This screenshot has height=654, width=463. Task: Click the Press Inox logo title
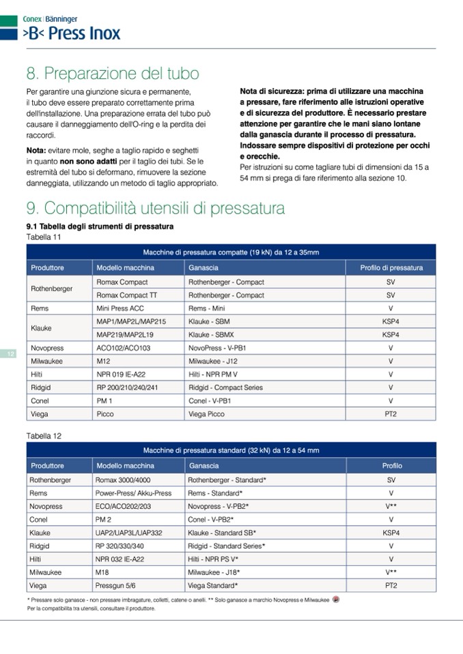(71, 33)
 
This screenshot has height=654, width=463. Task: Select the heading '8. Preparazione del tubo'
(113, 73)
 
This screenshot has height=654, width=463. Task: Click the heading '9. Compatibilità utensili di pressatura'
(155, 208)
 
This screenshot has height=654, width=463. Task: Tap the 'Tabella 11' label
(43, 236)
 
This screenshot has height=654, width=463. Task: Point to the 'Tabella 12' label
(43, 434)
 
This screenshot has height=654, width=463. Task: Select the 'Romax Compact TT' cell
(126, 295)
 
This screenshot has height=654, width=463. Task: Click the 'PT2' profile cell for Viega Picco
(391, 414)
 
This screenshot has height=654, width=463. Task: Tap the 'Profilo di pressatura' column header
(391, 268)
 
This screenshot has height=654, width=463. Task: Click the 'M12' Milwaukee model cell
(103, 361)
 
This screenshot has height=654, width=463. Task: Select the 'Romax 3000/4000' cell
(124, 480)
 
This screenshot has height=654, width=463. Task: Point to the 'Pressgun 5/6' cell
(116, 586)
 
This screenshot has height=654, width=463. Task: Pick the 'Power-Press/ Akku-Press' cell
(133, 493)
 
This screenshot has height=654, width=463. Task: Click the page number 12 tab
(11, 354)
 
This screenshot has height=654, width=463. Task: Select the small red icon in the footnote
(336, 599)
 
